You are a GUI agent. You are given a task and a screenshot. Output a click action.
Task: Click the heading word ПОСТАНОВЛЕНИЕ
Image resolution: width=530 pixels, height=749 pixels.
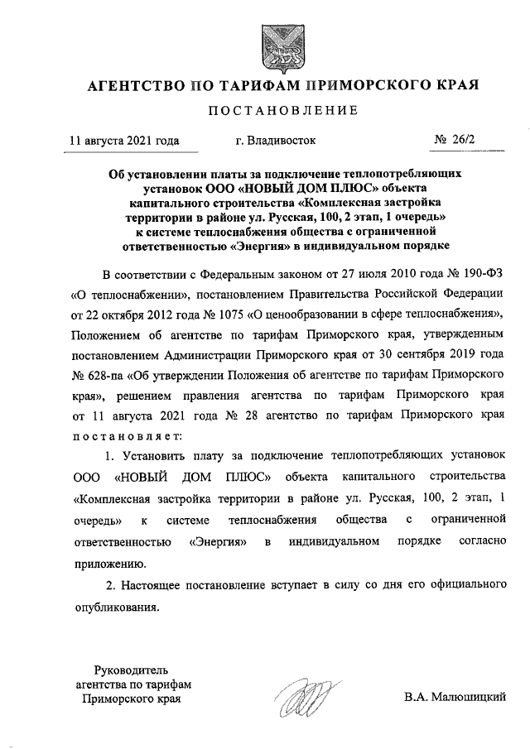point(282,110)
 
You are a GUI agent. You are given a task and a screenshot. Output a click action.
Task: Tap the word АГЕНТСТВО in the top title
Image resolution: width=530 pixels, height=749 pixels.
point(132,85)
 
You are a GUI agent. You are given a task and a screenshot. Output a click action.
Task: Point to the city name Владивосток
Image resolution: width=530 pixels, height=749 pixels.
point(276,141)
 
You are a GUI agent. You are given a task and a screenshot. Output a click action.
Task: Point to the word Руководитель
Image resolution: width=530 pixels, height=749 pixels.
point(132,669)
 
